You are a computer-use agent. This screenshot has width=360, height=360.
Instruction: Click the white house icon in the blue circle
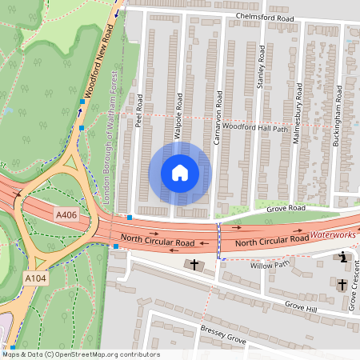click(180, 173)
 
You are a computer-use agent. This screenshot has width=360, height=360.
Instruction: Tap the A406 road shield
click(67, 215)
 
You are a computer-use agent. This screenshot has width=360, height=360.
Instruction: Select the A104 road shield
click(33, 278)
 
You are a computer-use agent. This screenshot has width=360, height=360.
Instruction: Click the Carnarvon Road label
click(217, 123)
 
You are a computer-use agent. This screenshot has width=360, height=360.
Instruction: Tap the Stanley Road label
click(260, 67)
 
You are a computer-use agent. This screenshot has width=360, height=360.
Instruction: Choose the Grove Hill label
click(301, 306)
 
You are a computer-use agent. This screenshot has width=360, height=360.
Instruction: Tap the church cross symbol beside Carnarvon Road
click(193, 264)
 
